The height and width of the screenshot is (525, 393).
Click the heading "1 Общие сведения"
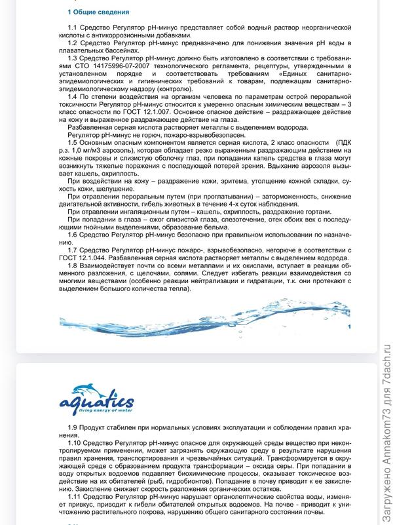(98, 12)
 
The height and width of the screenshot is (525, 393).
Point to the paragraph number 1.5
(73, 142)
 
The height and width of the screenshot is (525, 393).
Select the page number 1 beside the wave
(350, 326)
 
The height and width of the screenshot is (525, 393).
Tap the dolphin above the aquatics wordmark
(94, 391)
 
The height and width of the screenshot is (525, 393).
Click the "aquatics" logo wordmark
(96, 402)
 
